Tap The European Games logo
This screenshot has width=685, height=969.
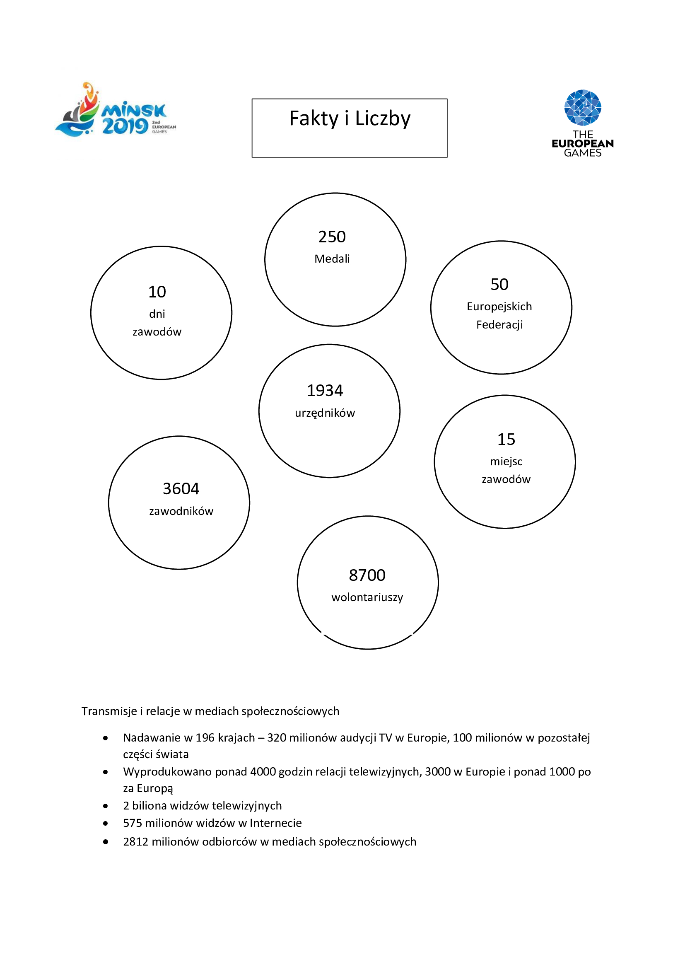click(x=583, y=123)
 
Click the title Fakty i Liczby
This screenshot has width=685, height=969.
click(x=349, y=118)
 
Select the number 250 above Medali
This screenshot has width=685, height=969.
click(x=332, y=237)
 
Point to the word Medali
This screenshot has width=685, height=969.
click(x=332, y=259)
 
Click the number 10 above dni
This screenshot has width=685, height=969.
click(x=157, y=292)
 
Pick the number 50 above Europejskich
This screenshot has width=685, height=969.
click(x=499, y=285)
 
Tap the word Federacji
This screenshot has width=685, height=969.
click(x=499, y=324)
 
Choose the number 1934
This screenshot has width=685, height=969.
click(x=325, y=391)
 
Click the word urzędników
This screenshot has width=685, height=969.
click(x=325, y=413)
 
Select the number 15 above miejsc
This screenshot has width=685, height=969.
click(x=506, y=439)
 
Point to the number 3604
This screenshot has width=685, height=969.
click(x=181, y=489)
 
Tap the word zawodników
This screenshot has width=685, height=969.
click(x=181, y=511)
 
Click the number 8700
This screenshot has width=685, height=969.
click(x=367, y=575)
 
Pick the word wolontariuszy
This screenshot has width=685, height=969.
click(x=367, y=597)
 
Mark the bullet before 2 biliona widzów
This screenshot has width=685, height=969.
click(x=106, y=806)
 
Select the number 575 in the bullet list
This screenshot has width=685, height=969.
click(x=133, y=823)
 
